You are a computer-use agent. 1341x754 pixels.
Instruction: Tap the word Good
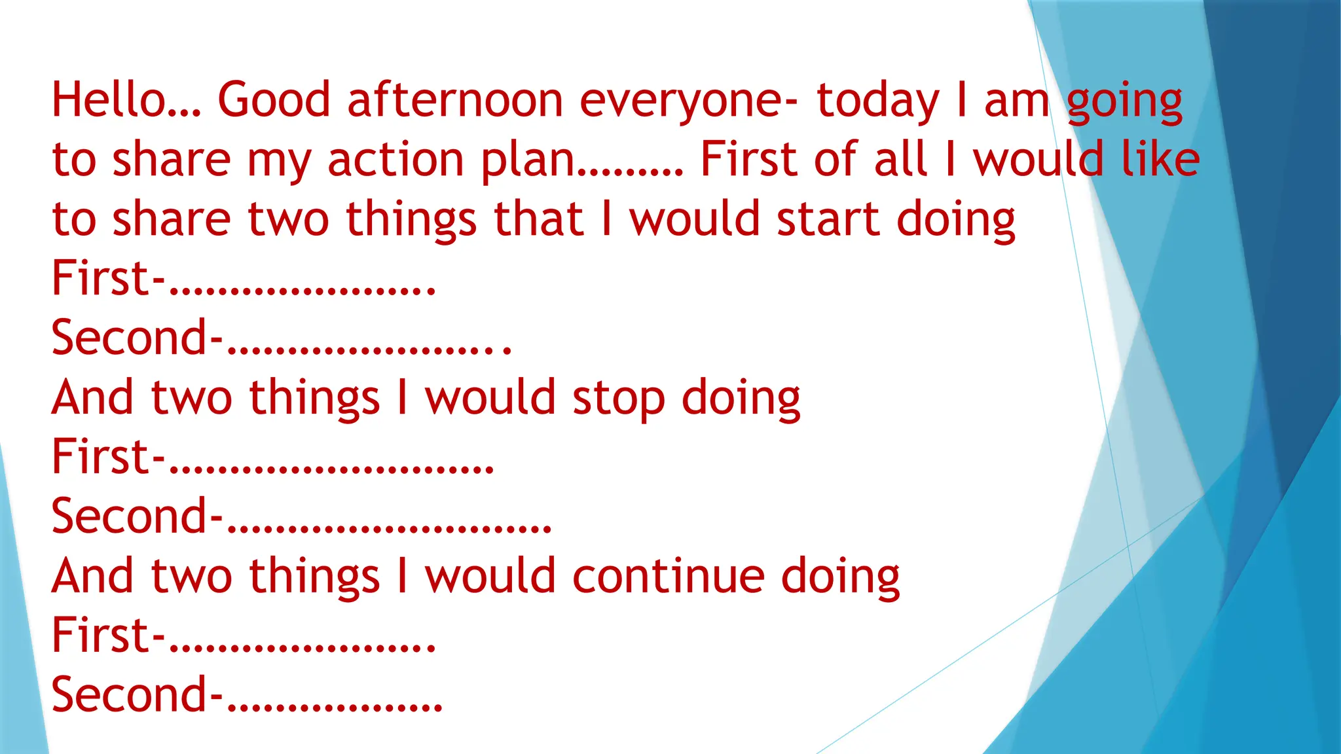(274, 100)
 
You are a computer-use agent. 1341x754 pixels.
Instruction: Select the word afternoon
(455, 100)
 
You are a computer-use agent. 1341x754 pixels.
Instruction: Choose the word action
(395, 159)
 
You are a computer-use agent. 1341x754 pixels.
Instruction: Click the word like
(1160, 159)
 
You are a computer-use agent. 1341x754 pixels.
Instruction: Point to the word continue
(669, 576)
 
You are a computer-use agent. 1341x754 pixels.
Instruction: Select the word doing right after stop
(741, 398)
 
